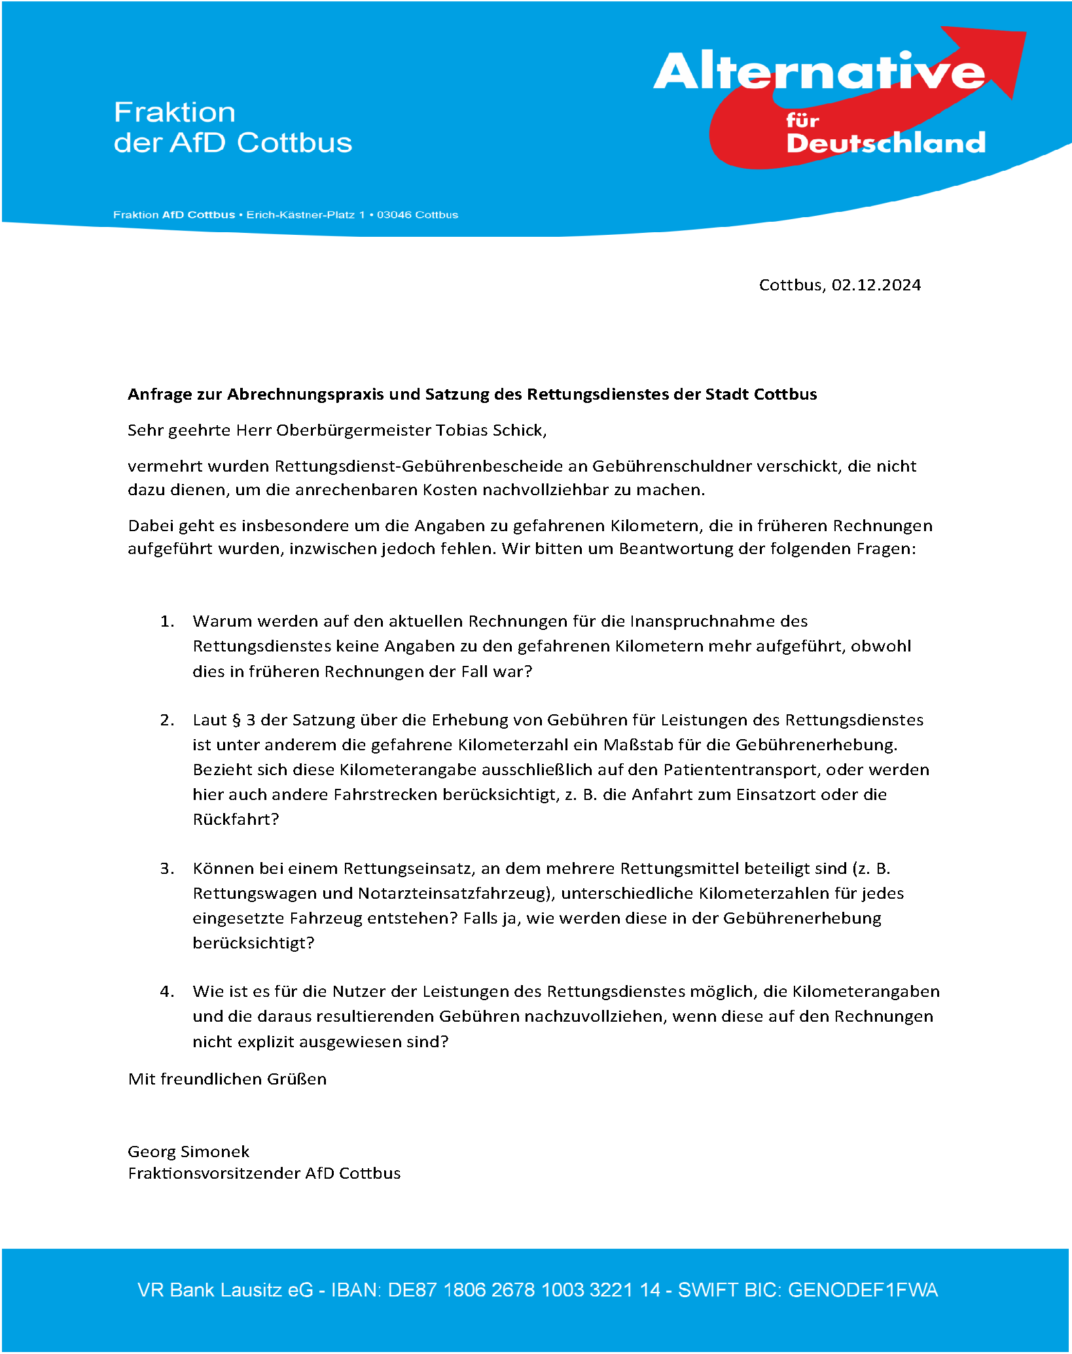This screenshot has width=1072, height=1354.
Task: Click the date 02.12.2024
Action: (x=876, y=285)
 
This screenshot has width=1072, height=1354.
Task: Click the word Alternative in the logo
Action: (x=818, y=72)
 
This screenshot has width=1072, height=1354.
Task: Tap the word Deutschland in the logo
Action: (x=885, y=143)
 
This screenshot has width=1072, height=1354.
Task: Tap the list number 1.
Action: (x=167, y=621)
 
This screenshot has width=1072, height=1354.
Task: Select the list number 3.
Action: (x=167, y=869)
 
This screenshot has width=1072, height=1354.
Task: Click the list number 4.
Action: (x=167, y=992)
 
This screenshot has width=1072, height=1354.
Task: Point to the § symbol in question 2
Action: (x=236, y=720)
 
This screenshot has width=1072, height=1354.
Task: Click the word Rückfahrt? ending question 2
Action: (x=236, y=820)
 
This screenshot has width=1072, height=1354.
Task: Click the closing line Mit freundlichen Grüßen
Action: (x=227, y=1079)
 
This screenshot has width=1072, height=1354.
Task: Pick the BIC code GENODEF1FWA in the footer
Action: (x=863, y=1291)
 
